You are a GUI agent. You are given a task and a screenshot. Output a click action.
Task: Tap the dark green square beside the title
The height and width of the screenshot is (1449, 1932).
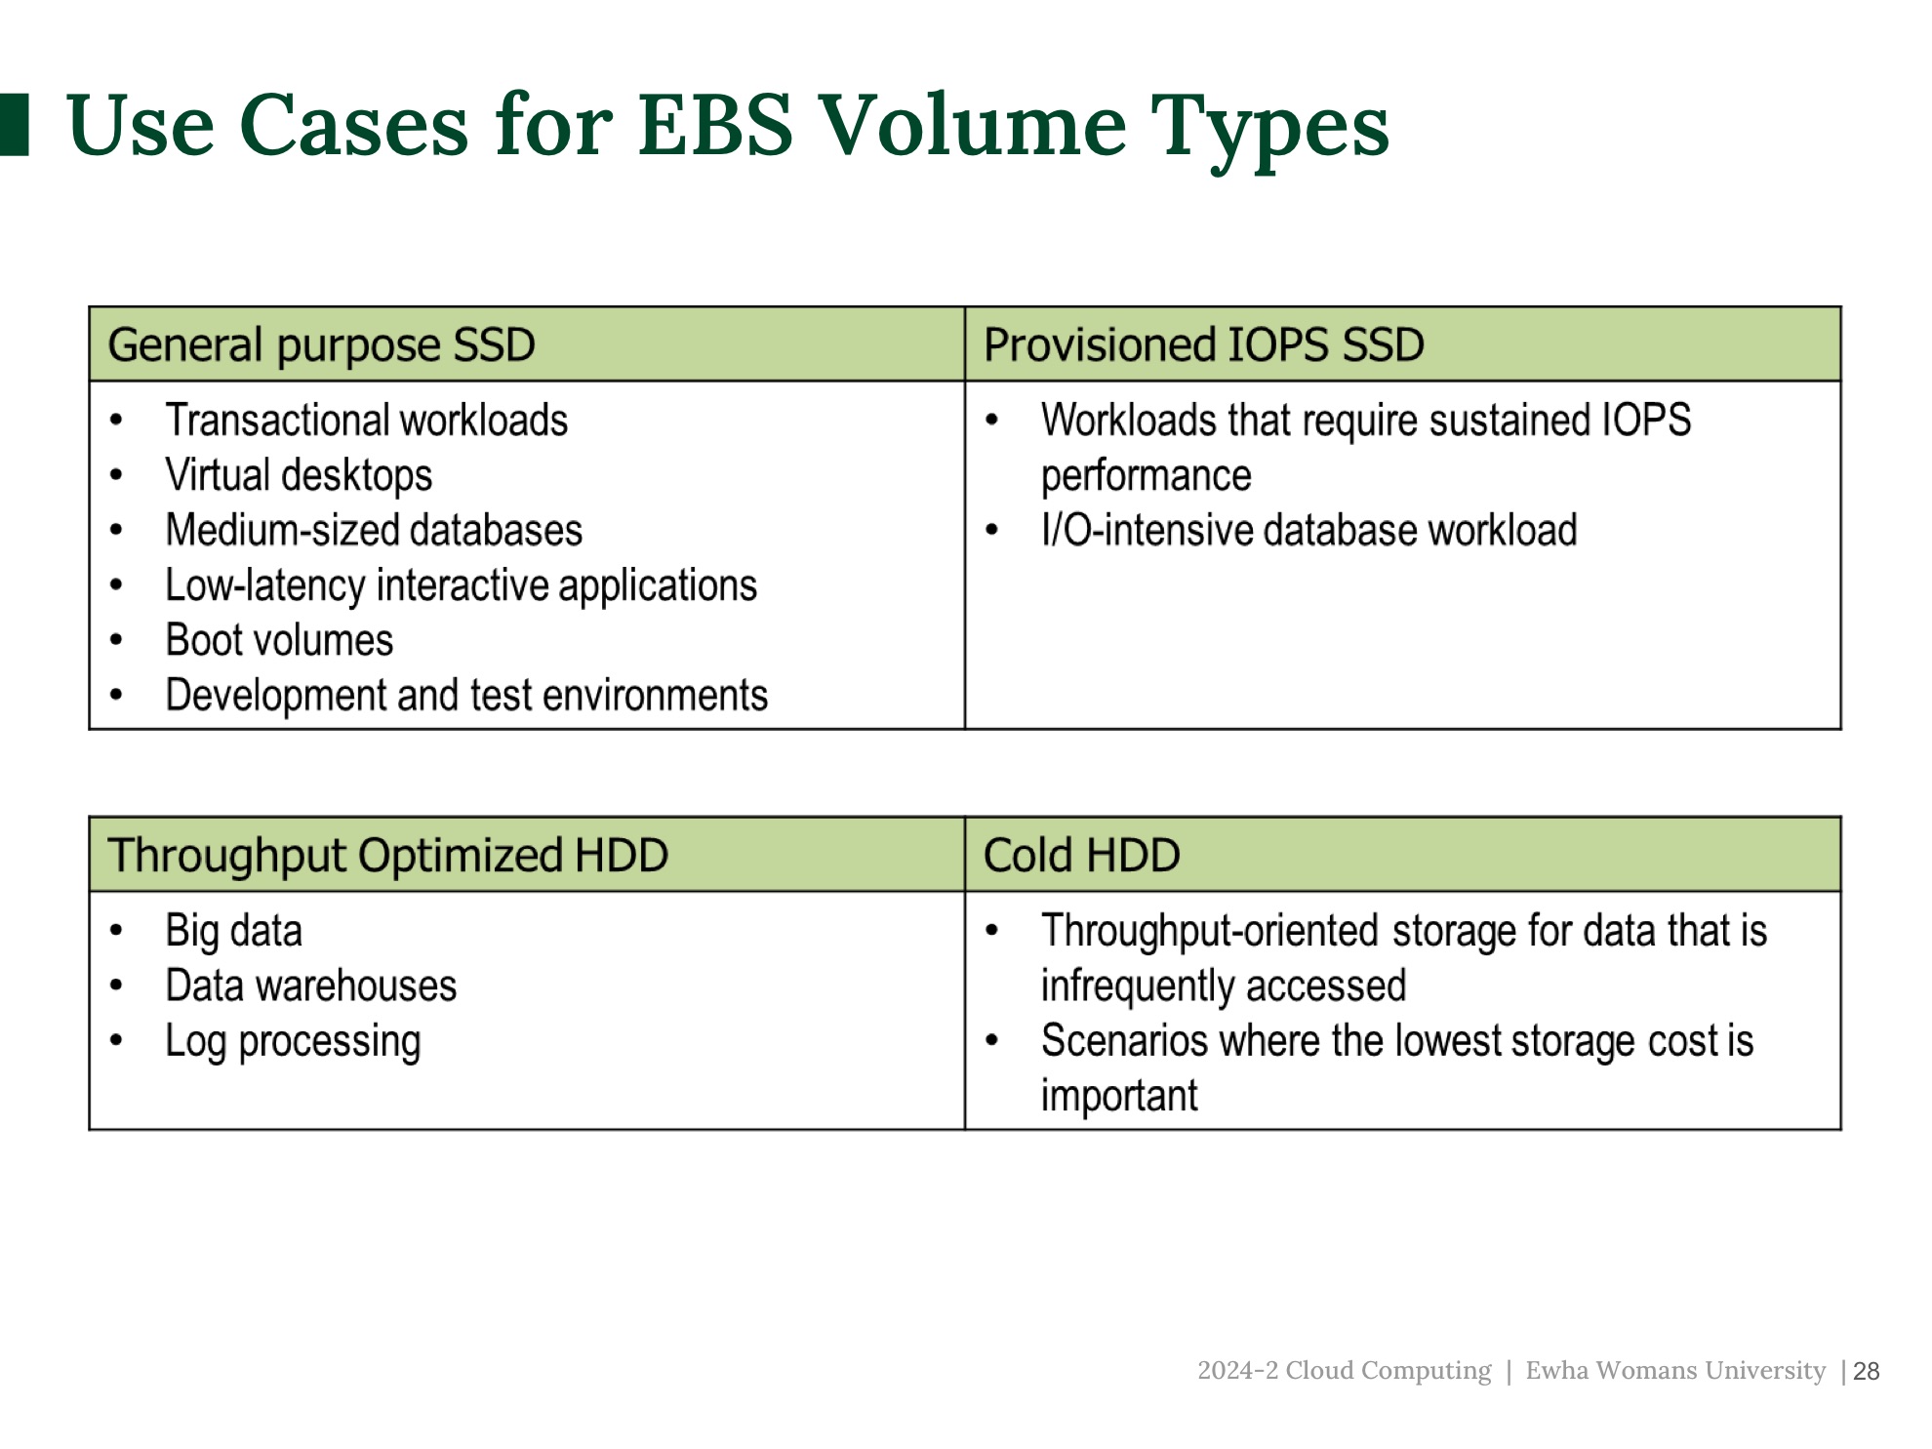pyautogui.click(x=14, y=124)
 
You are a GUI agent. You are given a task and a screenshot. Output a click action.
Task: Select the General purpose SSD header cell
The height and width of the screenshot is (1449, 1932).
pyautogui.click(x=527, y=344)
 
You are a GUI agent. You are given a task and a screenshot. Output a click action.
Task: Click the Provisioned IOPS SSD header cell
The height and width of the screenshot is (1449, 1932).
pyautogui.click(x=1402, y=344)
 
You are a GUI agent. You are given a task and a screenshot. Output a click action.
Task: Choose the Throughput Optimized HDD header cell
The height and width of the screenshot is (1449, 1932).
pyautogui.click(x=527, y=855)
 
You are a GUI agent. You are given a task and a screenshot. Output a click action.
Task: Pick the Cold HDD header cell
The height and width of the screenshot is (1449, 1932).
pyautogui.click(x=1402, y=855)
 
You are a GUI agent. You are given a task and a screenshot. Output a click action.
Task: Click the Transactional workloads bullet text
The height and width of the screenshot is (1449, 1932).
pyautogui.click(x=367, y=421)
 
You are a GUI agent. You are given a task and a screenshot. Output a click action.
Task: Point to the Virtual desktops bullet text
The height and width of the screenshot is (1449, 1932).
pyautogui.click(x=299, y=476)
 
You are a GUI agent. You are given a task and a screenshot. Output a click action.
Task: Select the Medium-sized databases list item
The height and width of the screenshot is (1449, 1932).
pyautogui.click(x=374, y=531)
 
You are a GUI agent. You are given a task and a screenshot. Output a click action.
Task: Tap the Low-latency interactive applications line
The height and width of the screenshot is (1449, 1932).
pyautogui.click(x=462, y=585)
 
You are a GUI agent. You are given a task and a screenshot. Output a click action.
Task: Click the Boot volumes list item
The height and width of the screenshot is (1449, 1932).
pyautogui.click(x=279, y=640)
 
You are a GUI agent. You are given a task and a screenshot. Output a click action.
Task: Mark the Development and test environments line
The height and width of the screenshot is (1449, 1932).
pyautogui.click(x=466, y=696)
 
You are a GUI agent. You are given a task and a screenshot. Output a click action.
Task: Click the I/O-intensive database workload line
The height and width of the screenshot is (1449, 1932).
pyautogui.click(x=1309, y=531)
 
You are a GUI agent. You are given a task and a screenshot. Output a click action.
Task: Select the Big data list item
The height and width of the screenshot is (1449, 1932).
pyautogui.click(x=234, y=931)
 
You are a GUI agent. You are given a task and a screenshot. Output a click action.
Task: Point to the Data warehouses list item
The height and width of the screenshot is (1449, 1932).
pyautogui.click(x=311, y=986)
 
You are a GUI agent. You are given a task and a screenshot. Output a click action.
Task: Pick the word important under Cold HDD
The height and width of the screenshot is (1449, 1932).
pyautogui.click(x=1119, y=1096)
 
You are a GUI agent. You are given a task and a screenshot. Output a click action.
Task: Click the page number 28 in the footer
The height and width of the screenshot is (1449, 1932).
pyautogui.click(x=1866, y=1371)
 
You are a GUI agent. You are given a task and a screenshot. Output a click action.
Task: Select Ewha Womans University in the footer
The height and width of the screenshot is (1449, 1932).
pyautogui.click(x=1675, y=1370)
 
